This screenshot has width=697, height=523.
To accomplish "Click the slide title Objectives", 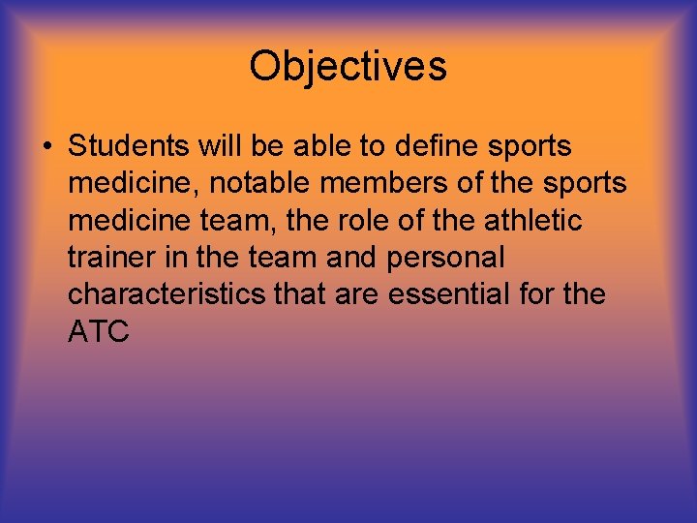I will (x=348, y=67).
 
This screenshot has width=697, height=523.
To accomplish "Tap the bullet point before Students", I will (x=45, y=147).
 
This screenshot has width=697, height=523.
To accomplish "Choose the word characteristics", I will (x=166, y=294).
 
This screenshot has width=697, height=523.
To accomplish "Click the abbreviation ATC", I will (x=100, y=331).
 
